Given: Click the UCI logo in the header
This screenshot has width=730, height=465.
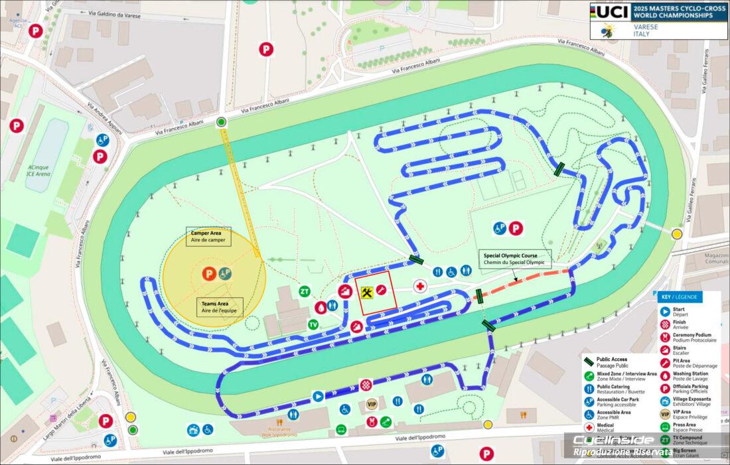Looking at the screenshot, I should point(610,11).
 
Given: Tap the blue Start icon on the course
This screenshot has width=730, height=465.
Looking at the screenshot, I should point(318,397).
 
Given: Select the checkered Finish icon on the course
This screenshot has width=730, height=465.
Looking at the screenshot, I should point(366,384).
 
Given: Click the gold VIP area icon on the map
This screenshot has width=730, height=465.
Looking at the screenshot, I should point(372,404).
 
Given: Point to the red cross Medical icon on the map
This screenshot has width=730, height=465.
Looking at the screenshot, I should point(419,287).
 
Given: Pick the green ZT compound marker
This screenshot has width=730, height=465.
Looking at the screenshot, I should point(305,291).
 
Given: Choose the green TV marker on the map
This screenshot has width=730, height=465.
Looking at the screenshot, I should point(313,324).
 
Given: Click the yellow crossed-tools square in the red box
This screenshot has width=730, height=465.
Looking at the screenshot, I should point(366,291).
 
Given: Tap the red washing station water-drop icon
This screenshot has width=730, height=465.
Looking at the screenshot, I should point(321,306).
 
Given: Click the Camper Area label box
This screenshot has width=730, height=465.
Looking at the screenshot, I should point(208,237).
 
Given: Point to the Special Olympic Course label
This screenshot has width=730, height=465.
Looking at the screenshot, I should point(515,259).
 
